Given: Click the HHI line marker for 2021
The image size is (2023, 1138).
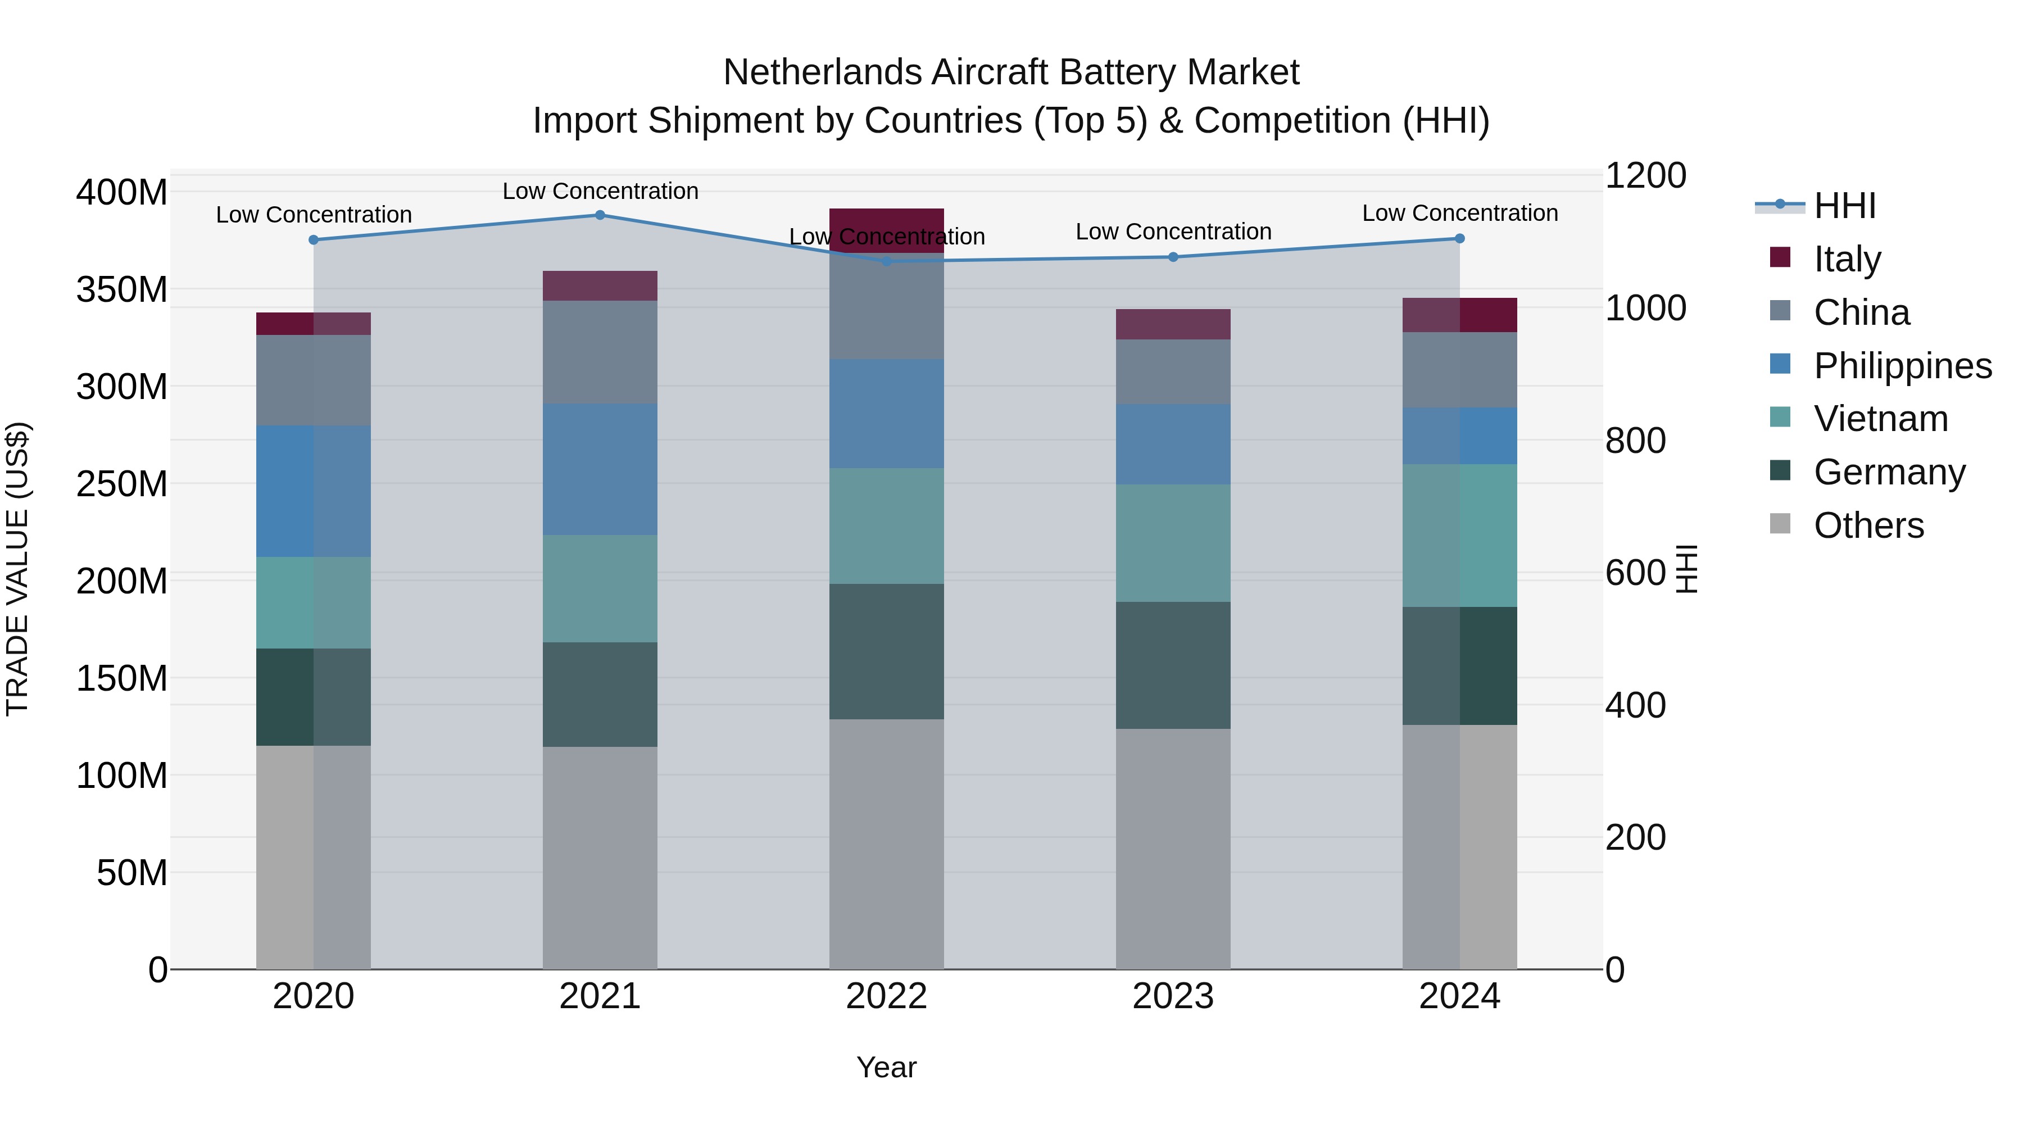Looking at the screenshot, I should tap(600, 215).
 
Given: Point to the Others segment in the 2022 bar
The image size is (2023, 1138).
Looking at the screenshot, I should tap(887, 844).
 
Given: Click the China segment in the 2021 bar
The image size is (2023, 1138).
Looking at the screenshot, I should tap(600, 352).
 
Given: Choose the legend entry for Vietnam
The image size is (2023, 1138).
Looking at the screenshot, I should tap(1880, 419).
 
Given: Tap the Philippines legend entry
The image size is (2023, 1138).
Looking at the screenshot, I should tap(1901, 366).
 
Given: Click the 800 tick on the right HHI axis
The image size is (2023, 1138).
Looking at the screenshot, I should tap(1635, 441).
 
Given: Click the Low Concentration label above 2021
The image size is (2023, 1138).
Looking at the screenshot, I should tap(600, 191).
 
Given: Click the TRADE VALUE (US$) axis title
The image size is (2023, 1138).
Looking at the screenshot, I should tap(17, 569).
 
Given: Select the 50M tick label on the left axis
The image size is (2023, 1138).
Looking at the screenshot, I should tap(132, 873).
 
